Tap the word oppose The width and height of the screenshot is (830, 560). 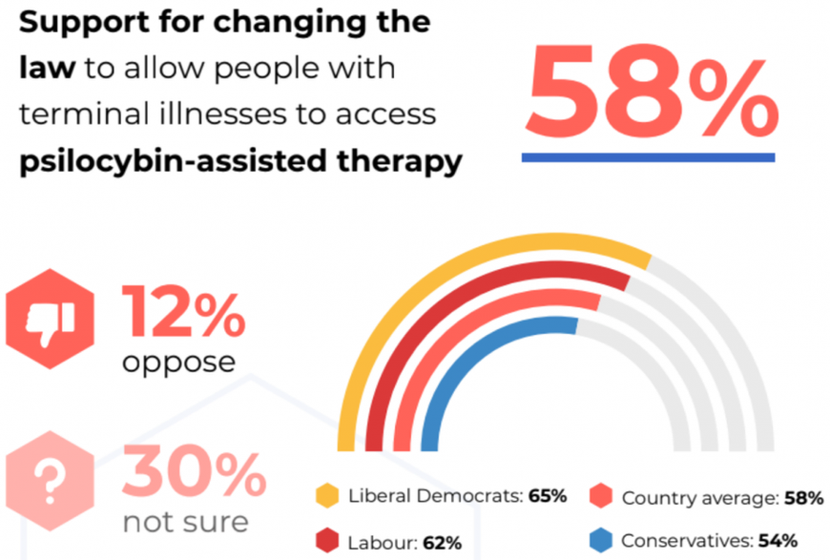(x=178, y=362)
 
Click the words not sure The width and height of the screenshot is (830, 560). (x=185, y=522)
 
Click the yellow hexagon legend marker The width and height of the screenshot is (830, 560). (x=327, y=496)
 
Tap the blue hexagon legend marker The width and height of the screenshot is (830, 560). (x=600, y=541)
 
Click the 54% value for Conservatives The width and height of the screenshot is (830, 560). (x=778, y=541)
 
